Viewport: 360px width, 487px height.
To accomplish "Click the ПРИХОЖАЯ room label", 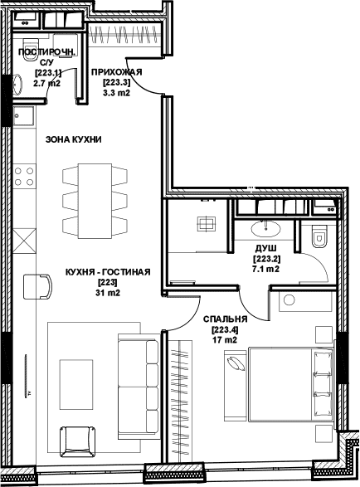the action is pos(117,72).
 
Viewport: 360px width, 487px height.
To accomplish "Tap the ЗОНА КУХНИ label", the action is pos(74,139).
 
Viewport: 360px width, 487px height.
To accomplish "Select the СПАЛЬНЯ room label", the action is pos(225,319).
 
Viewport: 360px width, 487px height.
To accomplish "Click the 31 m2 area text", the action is pos(108,293).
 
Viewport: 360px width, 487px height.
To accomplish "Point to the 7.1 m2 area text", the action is pos(266,269).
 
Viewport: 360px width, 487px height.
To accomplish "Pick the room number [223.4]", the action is pos(225,329).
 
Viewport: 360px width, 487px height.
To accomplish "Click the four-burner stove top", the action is pos(24,176).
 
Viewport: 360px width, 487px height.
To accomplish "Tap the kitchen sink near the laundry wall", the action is pos(23,116).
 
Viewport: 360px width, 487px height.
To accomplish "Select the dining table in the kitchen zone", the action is pos(95,202).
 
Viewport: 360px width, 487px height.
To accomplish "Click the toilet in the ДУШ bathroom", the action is pos(319,236).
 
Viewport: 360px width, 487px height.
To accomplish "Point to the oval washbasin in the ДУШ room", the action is pos(266,229).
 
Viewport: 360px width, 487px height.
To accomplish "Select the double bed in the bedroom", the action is pos(291,384).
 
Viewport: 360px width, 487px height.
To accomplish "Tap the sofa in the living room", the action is pos(139,387).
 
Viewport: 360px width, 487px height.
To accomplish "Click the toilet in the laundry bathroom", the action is pos(31,46).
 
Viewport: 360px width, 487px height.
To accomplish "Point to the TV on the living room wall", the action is pos(26,376).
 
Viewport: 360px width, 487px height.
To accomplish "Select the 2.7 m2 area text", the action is pos(46,83).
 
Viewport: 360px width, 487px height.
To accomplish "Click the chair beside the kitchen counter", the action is pos(37,286).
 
